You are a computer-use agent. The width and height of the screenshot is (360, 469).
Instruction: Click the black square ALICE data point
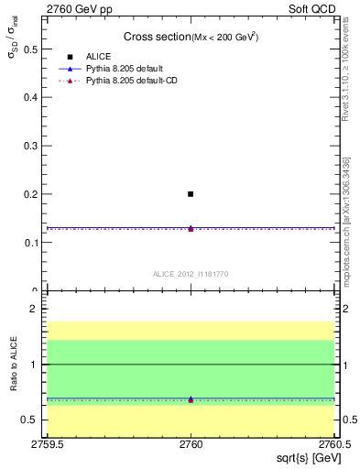191,194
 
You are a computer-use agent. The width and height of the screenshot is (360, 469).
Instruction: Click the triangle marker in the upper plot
191,228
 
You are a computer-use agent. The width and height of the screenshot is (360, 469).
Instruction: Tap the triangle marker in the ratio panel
191,399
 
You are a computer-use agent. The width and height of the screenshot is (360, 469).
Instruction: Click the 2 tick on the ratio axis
38,309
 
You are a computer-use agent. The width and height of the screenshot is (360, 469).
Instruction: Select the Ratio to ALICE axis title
14,365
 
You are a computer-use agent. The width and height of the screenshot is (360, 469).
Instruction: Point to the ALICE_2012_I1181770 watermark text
191,274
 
